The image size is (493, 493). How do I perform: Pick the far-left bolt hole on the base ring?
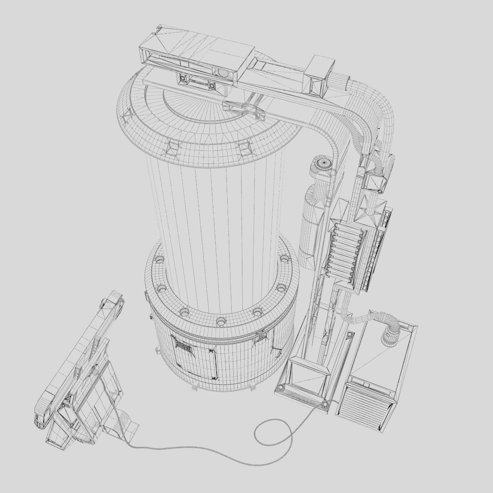(159, 260)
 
